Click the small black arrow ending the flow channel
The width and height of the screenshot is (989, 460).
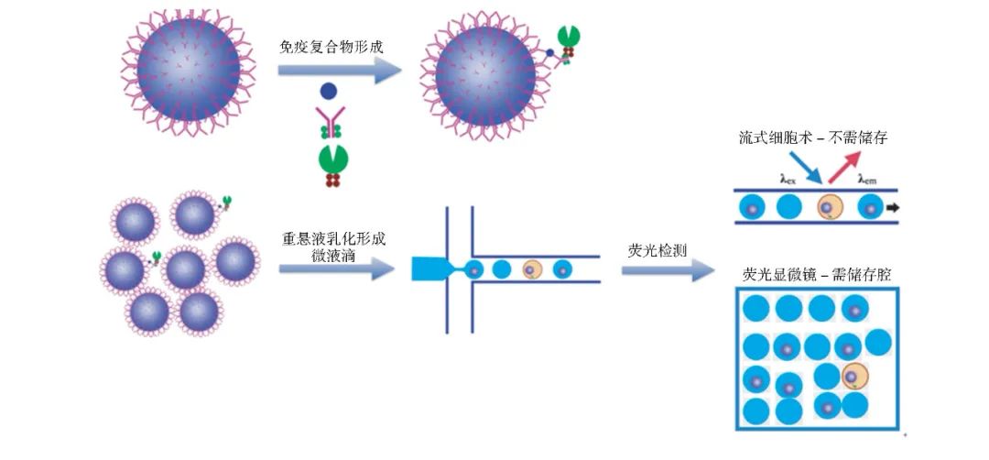[892, 208]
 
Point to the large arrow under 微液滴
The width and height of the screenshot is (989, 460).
[337, 269]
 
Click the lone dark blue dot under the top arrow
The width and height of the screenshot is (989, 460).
[328, 93]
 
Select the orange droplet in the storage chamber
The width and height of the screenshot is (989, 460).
[855, 376]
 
